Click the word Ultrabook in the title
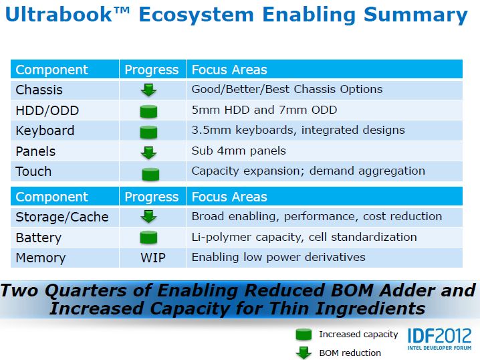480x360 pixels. (59, 15)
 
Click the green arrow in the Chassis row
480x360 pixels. (149, 90)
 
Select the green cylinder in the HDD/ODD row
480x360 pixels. (148, 111)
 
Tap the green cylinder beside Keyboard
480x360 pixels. (148, 132)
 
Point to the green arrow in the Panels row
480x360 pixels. (149, 153)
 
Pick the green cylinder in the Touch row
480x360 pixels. (150, 174)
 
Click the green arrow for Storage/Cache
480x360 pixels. (149, 216)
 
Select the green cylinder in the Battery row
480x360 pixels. (148, 238)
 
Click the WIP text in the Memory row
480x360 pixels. (153, 258)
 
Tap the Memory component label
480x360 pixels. (40, 258)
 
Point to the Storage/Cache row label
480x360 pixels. (62, 217)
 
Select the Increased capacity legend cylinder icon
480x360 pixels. (304, 335)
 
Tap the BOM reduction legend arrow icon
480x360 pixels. (304, 353)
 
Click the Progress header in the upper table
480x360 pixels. (152, 70)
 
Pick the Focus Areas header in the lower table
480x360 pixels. (229, 197)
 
